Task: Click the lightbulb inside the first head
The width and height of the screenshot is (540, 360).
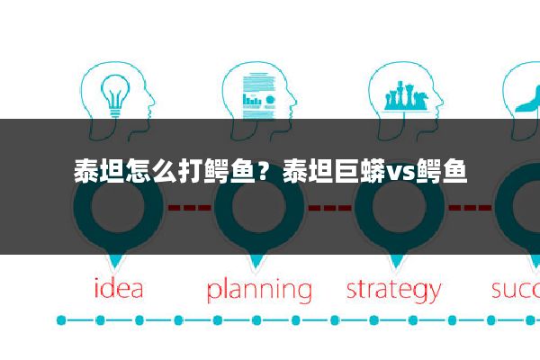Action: click(x=114, y=93)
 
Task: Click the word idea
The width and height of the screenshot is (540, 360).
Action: click(x=119, y=289)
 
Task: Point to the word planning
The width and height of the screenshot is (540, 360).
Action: click(x=259, y=291)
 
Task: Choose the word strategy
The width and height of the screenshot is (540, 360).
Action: click(x=394, y=291)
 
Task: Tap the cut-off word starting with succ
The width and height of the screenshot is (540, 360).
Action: click(x=516, y=289)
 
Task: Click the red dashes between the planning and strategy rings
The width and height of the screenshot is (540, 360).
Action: click(x=328, y=207)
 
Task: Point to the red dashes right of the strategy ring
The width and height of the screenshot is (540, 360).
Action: click(x=469, y=207)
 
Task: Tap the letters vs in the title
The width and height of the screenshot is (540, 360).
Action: click(x=400, y=170)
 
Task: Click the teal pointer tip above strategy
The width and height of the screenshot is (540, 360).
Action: click(x=396, y=263)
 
